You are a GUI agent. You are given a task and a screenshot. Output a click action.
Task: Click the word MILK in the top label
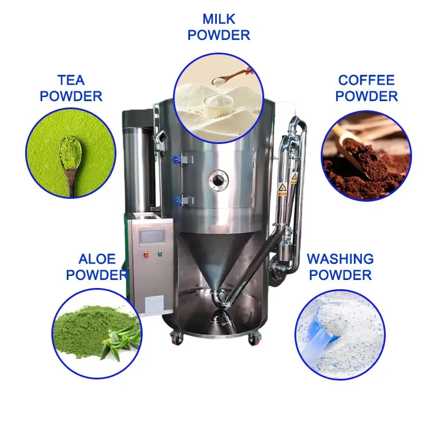click(x=219, y=19)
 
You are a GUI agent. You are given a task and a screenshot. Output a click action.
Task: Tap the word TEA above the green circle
click(x=71, y=80)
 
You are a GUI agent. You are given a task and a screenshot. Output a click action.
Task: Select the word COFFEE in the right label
click(x=366, y=80)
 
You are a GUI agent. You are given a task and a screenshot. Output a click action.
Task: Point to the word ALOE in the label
click(x=97, y=259)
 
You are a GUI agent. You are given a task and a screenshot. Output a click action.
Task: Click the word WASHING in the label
click(x=340, y=259)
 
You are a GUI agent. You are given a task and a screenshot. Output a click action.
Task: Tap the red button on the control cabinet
click(x=146, y=255)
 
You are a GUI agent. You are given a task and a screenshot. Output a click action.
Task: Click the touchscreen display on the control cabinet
click(x=152, y=236)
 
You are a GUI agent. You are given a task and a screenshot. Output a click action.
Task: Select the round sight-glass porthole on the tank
click(x=217, y=180)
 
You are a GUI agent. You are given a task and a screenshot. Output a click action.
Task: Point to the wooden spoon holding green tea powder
click(x=70, y=164)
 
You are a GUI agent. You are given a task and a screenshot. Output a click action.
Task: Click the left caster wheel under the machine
click(x=176, y=338)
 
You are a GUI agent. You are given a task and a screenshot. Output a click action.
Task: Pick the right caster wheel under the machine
click(x=255, y=338)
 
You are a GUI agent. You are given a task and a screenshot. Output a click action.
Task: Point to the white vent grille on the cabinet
click(x=155, y=305)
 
